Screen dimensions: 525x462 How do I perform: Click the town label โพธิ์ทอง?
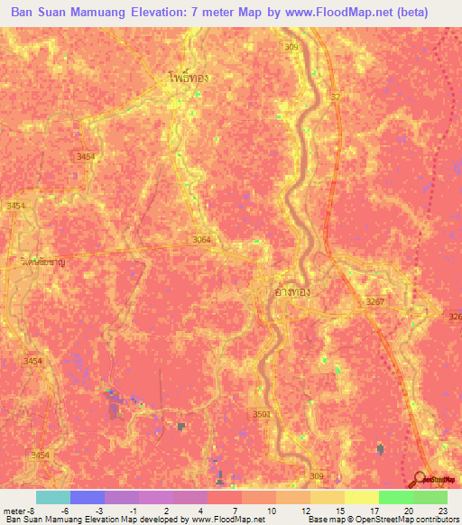(x=188, y=78)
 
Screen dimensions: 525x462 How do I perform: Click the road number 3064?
(x=201, y=239)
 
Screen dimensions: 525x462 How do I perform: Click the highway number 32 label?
(x=336, y=97)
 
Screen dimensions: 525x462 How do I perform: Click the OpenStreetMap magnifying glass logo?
(x=420, y=478)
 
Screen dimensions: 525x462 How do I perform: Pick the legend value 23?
(x=441, y=510)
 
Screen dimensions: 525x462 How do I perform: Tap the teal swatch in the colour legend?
(x=52, y=497)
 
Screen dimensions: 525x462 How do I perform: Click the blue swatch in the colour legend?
(x=87, y=497)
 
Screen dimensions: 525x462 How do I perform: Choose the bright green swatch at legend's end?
(x=430, y=497)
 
